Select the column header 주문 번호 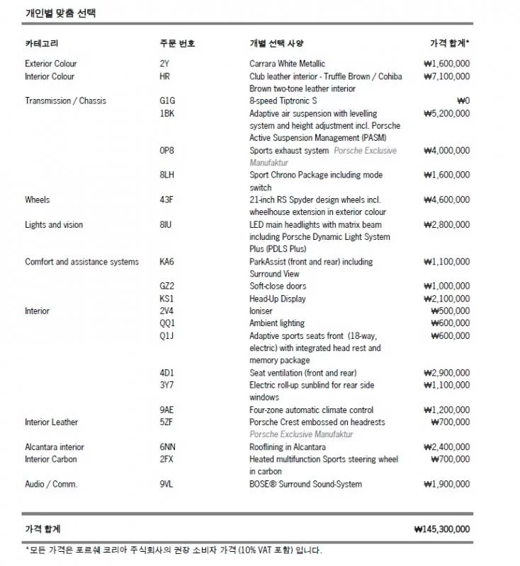tap(177, 43)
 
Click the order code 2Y tap(164, 64)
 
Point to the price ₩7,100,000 tap(446, 76)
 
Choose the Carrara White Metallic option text tap(287, 64)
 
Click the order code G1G tap(167, 101)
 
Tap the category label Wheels tap(37, 200)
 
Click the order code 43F tap(166, 200)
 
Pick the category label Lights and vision tap(54, 225)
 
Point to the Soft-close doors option tap(278, 287)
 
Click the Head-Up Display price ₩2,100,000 tap(446, 299)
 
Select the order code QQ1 tap(167, 323)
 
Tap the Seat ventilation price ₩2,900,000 tap(446, 373)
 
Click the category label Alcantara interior tap(55, 447)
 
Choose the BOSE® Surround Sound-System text tap(305, 484)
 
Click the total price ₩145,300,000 tap(442, 529)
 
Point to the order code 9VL tap(166, 484)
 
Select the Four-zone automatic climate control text tap(311, 410)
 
